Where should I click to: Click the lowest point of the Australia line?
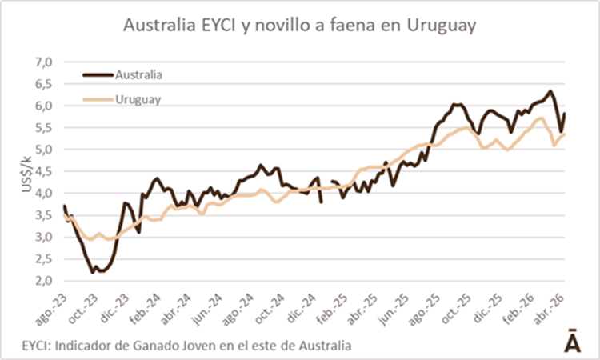[93, 272]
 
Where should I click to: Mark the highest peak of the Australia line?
[550, 91]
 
